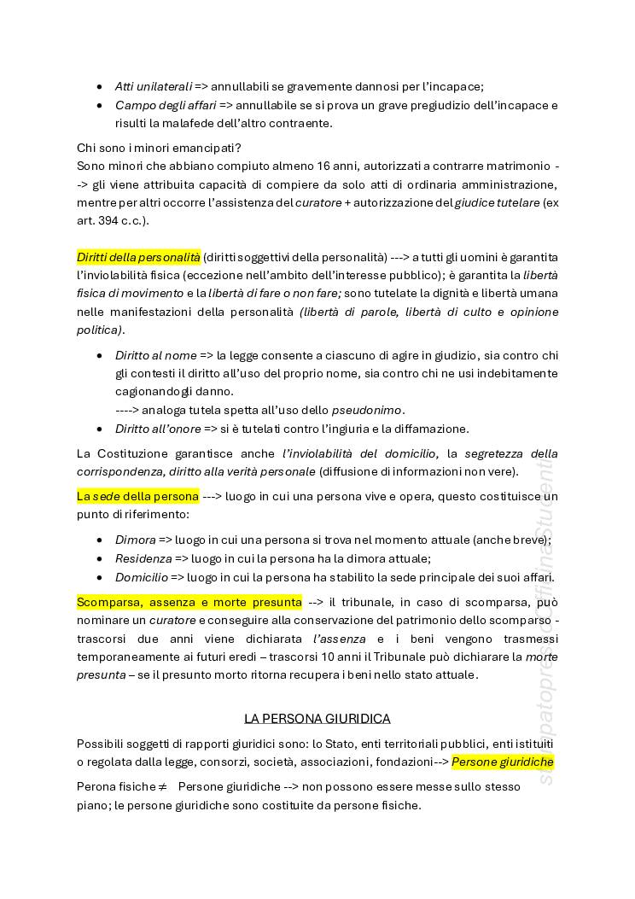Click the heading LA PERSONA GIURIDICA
click(x=317, y=719)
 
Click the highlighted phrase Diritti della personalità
click(x=138, y=257)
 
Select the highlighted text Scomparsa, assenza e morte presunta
click(x=189, y=603)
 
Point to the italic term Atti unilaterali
click(x=154, y=86)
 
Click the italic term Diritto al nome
click(x=155, y=354)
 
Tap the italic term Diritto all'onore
click(x=158, y=429)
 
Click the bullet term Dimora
click(x=136, y=540)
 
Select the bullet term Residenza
click(x=143, y=558)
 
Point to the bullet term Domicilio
click(x=142, y=577)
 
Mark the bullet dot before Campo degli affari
click(x=100, y=105)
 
